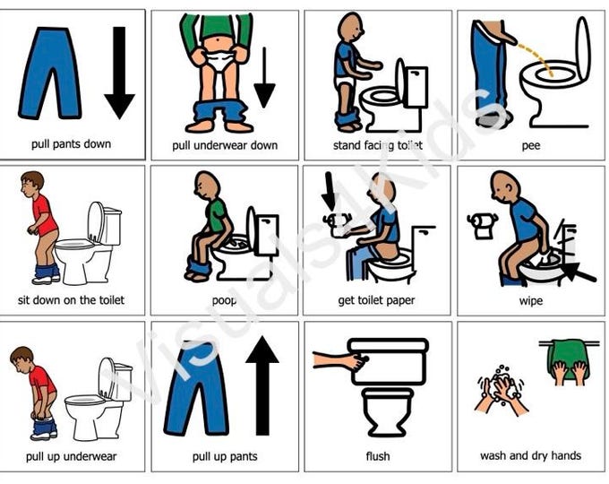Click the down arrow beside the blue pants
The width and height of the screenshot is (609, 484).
coord(119,73)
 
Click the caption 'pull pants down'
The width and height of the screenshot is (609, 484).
coord(72,144)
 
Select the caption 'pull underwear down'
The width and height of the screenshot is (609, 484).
coord(225,145)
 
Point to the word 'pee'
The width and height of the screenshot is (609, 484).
coord(531,146)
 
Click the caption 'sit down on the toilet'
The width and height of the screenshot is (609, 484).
coord(71,300)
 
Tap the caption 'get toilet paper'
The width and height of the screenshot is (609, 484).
coord(376,300)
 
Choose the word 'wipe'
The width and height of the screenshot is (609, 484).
coord(531,301)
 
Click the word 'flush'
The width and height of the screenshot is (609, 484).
coord(378,455)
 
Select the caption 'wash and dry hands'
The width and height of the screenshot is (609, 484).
coord(530,455)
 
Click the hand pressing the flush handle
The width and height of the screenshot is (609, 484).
coord(341,359)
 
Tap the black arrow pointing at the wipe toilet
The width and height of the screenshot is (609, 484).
coord(578,272)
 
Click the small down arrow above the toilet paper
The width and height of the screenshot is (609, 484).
coord(330,192)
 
